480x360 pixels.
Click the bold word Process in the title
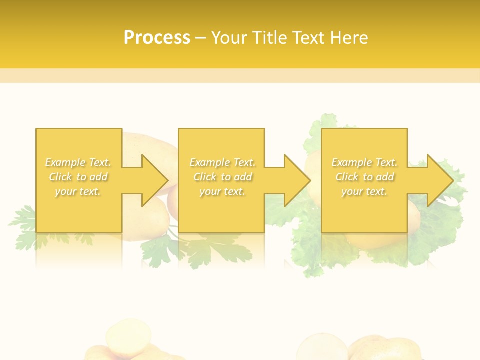click(x=157, y=38)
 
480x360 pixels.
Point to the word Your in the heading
click(x=229, y=38)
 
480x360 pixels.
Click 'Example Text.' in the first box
click(x=78, y=162)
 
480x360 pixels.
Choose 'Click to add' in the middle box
click(x=222, y=177)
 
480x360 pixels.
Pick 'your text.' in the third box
click(x=364, y=191)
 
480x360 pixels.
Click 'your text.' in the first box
click(x=78, y=191)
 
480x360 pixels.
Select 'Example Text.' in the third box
click(x=364, y=162)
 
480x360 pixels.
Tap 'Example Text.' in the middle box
click(x=222, y=162)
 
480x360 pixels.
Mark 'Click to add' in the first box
click(x=78, y=177)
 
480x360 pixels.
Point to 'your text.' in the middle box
click(x=222, y=191)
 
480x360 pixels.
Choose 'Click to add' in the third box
click(x=364, y=177)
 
